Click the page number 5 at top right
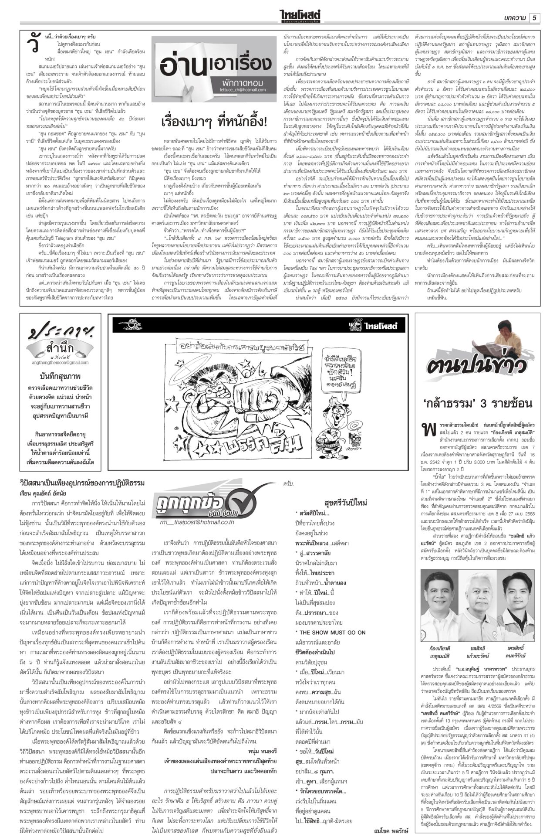pyautogui.click(x=535, y=17)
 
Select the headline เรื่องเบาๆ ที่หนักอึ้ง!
pyautogui.click(x=214, y=121)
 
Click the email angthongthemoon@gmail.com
pyautogui.click(x=60, y=362)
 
